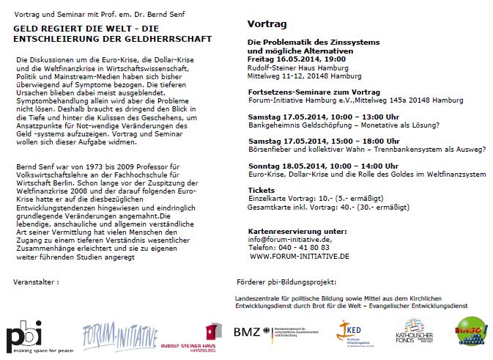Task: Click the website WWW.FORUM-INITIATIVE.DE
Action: [299, 256]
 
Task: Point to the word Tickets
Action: [261, 189]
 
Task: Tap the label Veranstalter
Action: [37, 282]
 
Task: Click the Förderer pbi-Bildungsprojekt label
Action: [286, 282]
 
